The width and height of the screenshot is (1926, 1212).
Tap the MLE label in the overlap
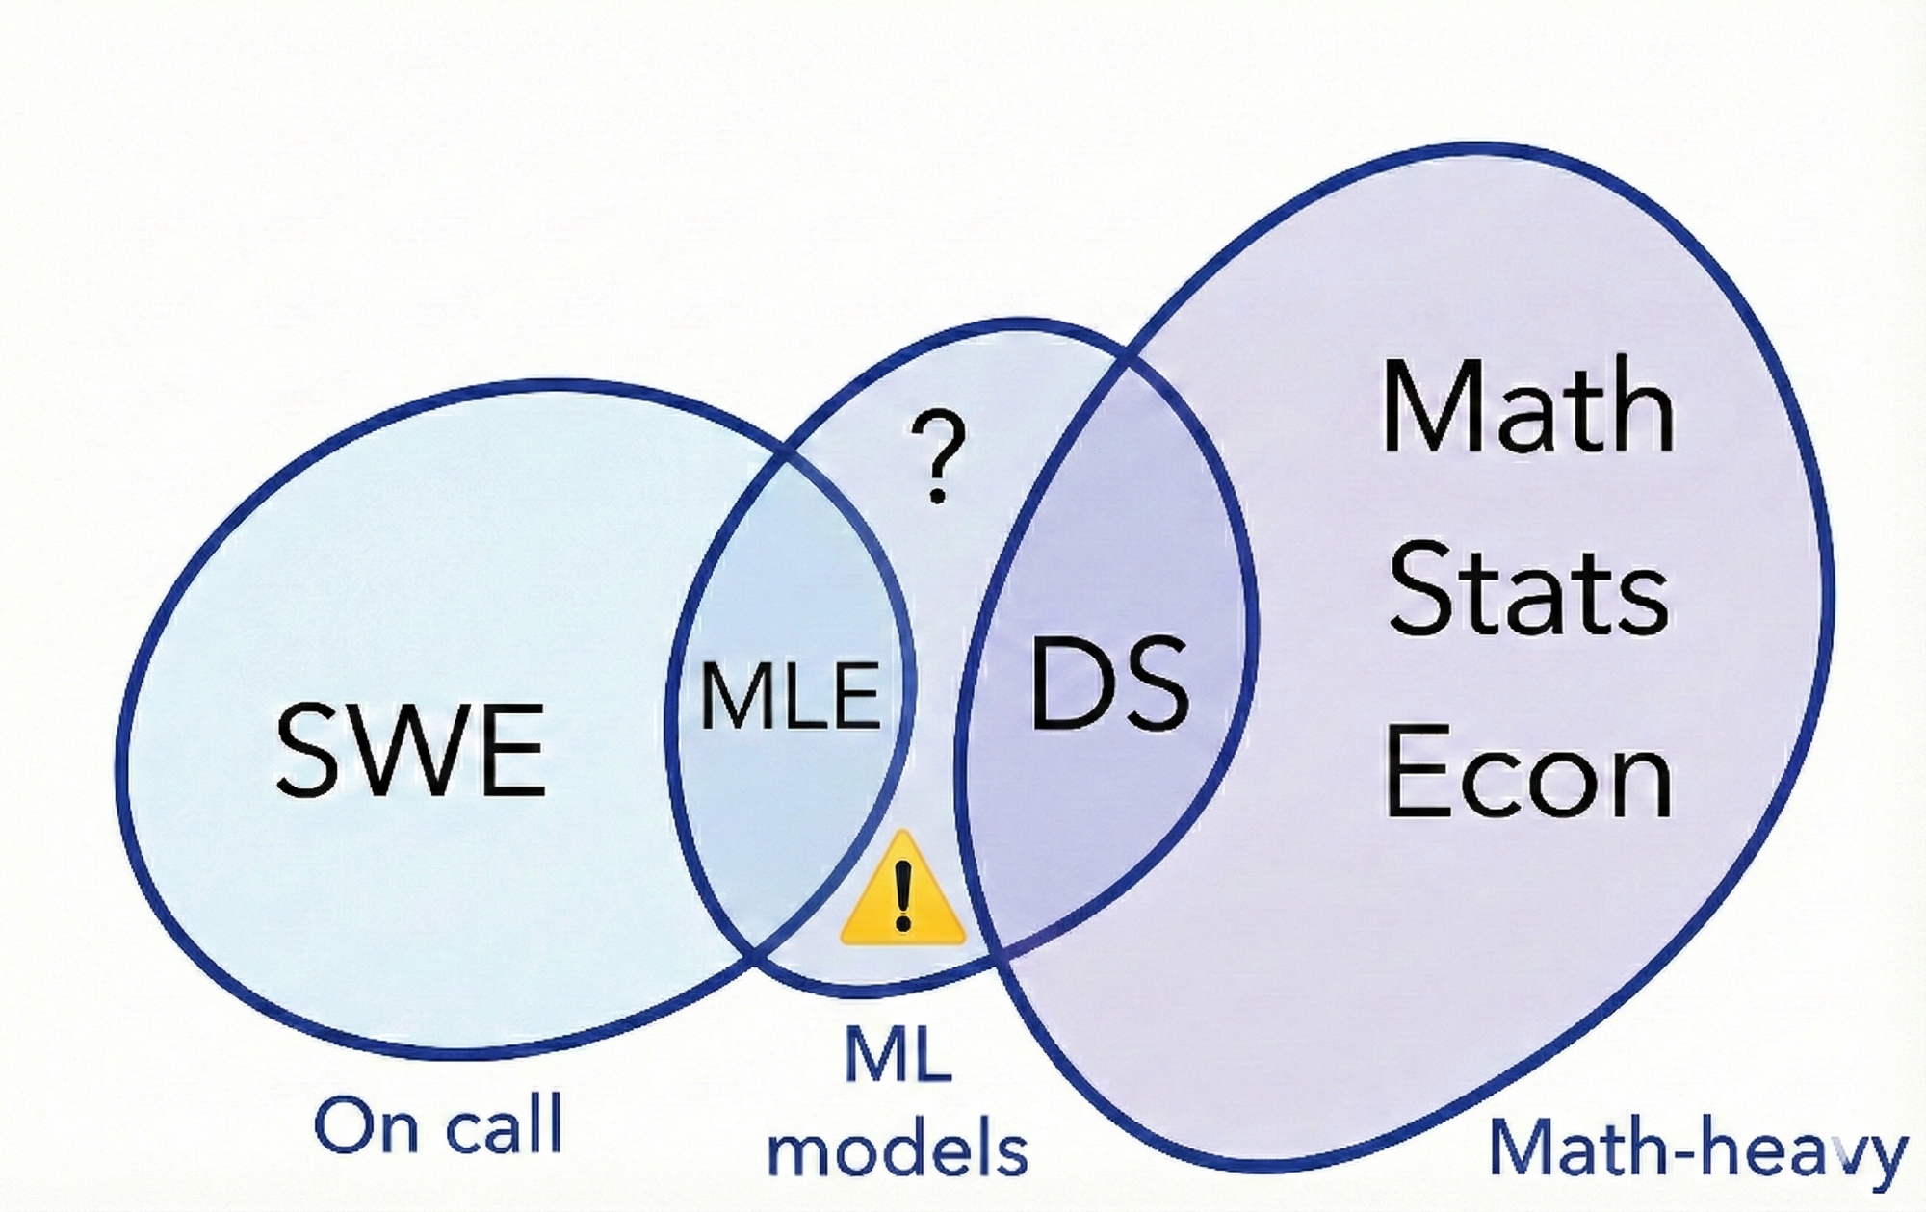(x=790, y=695)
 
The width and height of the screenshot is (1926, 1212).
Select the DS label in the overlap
(x=1109, y=685)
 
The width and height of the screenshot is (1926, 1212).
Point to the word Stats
(x=1528, y=589)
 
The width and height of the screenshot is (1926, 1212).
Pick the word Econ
(x=1528, y=772)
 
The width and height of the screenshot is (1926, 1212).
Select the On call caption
(x=438, y=1124)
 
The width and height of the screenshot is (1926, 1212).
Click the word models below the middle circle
(x=898, y=1149)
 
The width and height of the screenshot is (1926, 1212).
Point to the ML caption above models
(x=898, y=1055)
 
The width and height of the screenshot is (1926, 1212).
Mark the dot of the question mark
(x=936, y=497)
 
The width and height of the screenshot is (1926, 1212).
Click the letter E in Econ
(x=1414, y=772)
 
